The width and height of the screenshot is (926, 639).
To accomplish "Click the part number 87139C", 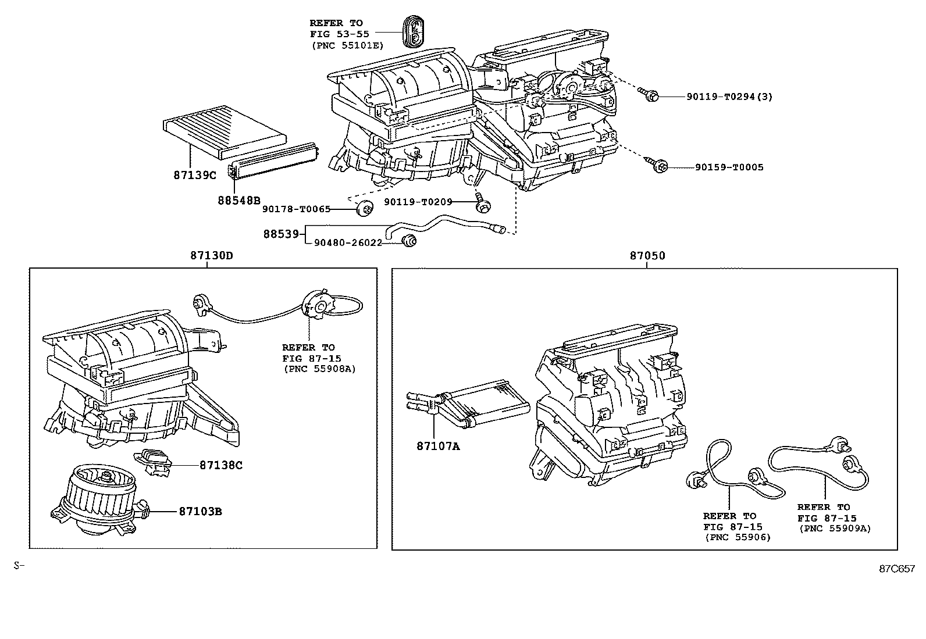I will point(194,174).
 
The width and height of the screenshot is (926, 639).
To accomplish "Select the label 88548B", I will point(239,200).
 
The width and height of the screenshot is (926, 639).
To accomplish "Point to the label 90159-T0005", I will point(729,167).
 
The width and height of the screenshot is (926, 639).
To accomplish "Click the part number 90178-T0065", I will point(296,209).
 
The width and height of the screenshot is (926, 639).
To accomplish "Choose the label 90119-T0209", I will point(418,202).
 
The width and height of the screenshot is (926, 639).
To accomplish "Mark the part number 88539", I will point(281,234).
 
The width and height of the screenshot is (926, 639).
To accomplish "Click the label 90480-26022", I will point(348,242).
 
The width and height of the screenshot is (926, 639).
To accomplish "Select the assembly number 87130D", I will point(208,255).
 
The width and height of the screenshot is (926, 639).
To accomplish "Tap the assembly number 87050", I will point(647,255).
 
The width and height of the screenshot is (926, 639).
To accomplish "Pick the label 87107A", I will point(437,446).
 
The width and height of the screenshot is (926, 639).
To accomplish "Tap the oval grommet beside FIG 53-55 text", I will point(414,31).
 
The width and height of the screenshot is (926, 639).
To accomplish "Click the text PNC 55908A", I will point(319,369).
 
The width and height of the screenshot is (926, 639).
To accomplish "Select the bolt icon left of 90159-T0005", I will point(659,166).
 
